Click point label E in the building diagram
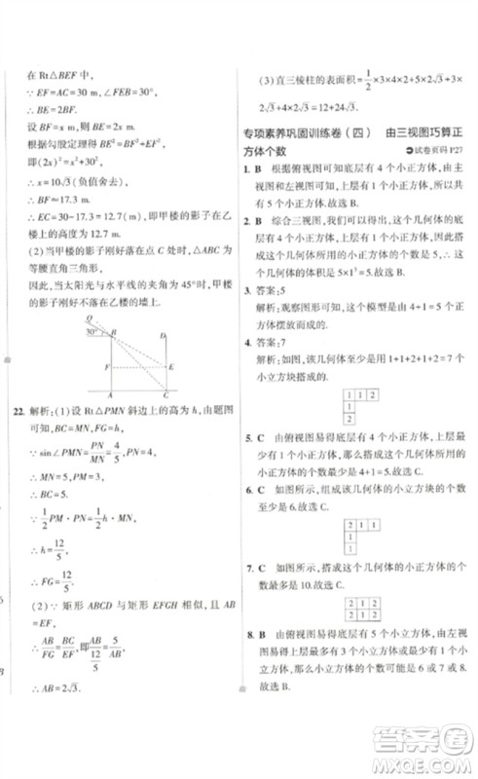tap(171, 366)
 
